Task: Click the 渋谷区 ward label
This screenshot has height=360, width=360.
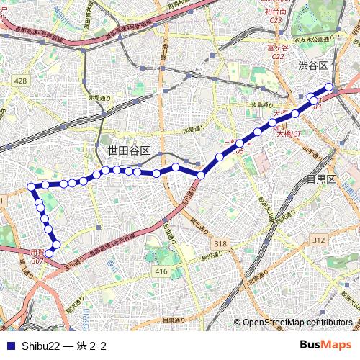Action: point(313,66)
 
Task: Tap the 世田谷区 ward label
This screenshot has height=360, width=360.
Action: point(128,151)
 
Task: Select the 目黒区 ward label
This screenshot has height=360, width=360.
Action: point(321,179)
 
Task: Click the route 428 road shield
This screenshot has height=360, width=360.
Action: point(20,81)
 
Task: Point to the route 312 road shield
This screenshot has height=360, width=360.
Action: point(319,239)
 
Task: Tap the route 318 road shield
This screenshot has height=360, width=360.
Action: point(220,245)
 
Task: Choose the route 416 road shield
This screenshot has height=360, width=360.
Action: point(161,271)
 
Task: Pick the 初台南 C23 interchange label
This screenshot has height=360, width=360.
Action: point(276,16)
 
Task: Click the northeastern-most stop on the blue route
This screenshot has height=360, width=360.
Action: point(330,87)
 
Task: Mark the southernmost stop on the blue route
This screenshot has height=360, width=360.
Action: point(49,253)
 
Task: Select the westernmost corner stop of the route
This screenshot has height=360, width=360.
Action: point(32,187)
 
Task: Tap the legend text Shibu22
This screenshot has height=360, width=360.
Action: point(40,346)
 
